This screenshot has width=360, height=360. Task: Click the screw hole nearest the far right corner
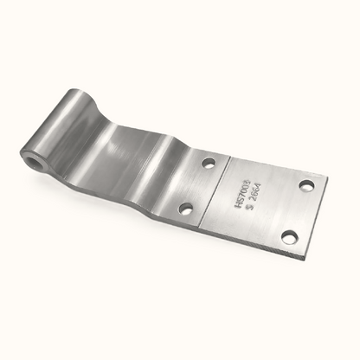coord(305,184)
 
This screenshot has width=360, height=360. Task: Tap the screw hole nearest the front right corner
coord(289,237)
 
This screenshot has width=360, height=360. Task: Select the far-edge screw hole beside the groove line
coord(208,162)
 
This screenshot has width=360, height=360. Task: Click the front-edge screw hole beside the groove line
coord(184,208)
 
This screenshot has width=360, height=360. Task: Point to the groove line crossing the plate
coord(215,188)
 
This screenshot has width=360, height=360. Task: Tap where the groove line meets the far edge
coord(230,156)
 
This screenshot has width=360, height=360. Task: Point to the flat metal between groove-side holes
coord(196,184)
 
